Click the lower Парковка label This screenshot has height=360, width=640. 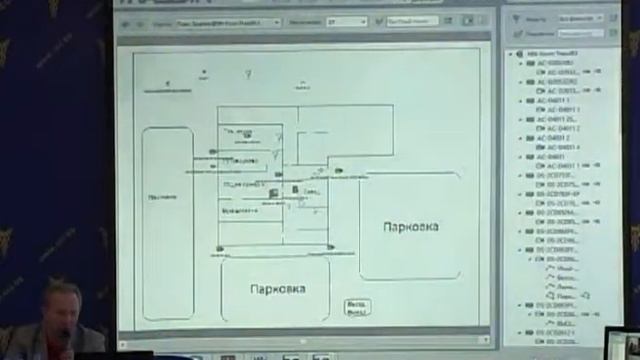(278, 289)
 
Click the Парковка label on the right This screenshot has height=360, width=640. (410, 227)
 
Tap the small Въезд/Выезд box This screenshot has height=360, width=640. (355, 305)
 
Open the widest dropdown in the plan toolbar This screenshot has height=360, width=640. (229, 20)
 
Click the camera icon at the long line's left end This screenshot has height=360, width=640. (219, 247)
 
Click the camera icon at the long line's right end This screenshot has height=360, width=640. (328, 245)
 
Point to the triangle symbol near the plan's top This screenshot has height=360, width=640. (248, 73)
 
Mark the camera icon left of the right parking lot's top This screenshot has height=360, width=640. (339, 171)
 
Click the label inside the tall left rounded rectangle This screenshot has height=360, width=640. (155, 197)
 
